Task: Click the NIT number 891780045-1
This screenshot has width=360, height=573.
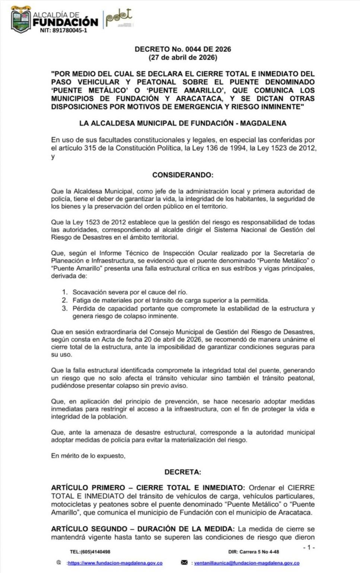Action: pos(63,31)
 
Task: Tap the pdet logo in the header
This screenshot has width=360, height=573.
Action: pos(118,18)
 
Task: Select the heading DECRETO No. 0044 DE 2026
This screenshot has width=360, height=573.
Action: pos(183,49)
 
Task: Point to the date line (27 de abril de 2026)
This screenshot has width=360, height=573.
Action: pos(183,58)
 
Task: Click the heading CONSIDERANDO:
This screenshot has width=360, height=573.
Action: pos(183,175)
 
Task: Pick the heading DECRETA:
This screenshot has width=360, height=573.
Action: pos(183,472)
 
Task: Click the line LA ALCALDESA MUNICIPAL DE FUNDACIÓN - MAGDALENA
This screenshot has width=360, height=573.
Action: pos(183,123)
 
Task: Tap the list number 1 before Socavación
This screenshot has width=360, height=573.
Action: pos(65,292)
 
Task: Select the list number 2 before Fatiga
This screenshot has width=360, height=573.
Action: pos(65,300)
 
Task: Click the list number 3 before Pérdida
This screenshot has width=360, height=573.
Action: pos(65,308)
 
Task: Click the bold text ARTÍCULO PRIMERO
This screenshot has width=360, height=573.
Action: pos(88,487)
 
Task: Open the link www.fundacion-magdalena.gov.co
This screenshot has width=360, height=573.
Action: pos(115,563)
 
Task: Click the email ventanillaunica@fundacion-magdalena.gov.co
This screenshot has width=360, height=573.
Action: pos(247,563)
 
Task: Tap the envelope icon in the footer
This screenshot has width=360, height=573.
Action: pos(184,563)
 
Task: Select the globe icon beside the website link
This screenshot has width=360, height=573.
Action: pos(58,563)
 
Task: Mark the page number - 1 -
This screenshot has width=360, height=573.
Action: pos(309,547)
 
